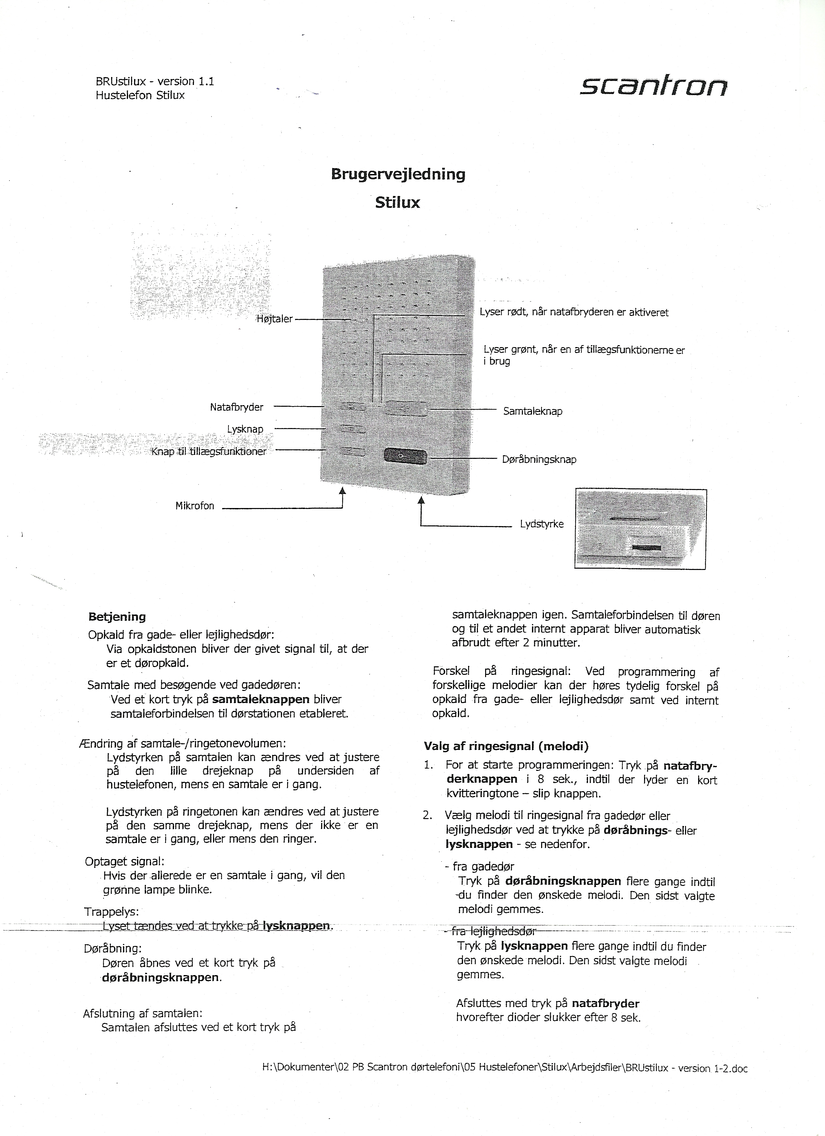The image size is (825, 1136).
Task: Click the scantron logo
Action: click(653, 87)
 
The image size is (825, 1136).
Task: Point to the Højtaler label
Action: click(274, 319)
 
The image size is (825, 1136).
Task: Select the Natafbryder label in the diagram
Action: click(236, 407)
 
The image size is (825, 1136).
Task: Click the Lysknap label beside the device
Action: click(245, 429)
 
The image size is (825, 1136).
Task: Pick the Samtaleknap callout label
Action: click(533, 411)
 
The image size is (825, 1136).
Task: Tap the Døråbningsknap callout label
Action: click(539, 459)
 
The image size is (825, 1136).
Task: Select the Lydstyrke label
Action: click(541, 524)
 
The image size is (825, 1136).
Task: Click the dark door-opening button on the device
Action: click(405, 456)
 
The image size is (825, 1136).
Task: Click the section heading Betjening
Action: click(117, 617)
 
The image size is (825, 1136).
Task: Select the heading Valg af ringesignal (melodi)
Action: click(506, 746)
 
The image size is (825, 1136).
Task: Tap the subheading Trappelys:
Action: click(111, 911)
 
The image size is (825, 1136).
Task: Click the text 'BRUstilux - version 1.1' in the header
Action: click(155, 81)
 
